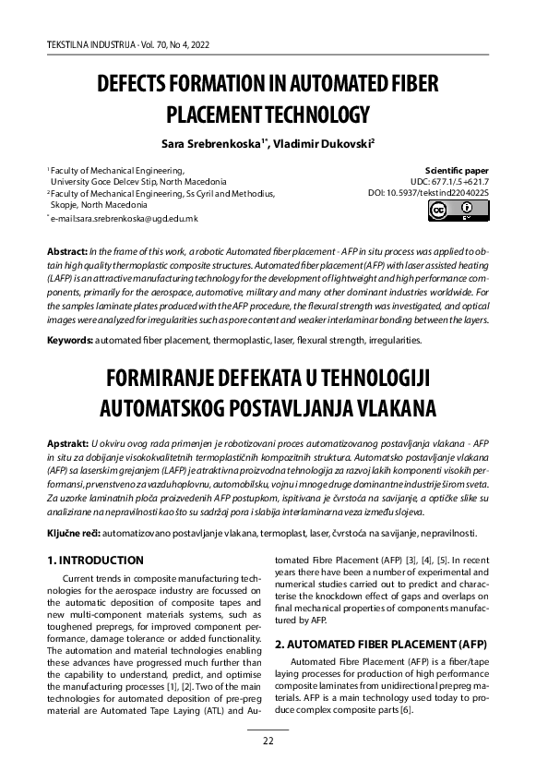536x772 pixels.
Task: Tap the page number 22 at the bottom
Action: point(268,741)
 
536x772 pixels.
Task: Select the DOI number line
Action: point(428,193)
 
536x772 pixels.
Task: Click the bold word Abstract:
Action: point(67,252)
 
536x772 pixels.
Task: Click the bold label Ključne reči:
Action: point(75,534)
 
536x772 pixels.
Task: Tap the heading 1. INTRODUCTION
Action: point(95,560)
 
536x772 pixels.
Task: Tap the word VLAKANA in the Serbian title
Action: point(375,407)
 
